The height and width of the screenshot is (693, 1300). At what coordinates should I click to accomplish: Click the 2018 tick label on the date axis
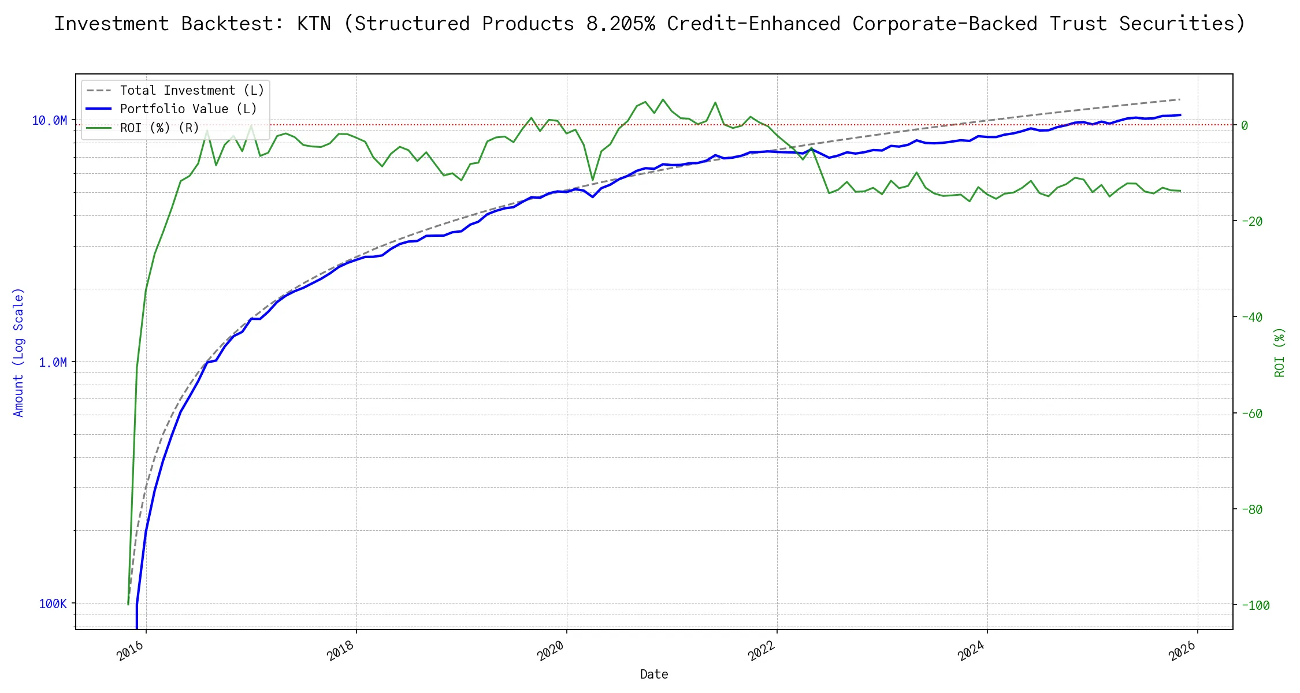point(341,651)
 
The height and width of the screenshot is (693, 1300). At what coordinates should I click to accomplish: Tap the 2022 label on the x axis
point(762,651)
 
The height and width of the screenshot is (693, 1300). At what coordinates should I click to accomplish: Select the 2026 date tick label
point(1182,651)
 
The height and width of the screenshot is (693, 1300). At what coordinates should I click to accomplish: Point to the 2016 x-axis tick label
point(131,651)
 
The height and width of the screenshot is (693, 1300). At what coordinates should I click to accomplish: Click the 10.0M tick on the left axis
point(50,120)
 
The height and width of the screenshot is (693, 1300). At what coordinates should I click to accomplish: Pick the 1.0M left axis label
point(53,362)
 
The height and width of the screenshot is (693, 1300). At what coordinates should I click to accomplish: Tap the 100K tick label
point(53,603)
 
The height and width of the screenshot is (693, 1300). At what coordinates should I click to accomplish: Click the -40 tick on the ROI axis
point(1251,317)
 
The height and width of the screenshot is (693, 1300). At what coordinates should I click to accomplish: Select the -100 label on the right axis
point(1254,605)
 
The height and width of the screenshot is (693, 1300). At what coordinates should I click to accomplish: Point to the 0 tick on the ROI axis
point(1245,125)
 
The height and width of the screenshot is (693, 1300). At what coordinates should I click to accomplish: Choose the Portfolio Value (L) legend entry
point(188,109)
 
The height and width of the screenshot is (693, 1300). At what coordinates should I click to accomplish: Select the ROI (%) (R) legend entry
point(159,128)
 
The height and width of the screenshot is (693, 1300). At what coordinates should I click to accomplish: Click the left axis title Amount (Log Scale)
point(18,352)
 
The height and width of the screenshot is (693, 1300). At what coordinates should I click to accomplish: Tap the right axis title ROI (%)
point(1279,352)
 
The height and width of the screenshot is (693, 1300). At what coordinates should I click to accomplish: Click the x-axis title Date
point(654,674)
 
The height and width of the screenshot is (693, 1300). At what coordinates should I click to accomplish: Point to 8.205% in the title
point(621,24)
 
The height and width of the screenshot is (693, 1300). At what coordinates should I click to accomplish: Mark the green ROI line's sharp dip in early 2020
point(593,180)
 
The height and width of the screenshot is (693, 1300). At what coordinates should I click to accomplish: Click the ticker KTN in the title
point(314,24)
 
